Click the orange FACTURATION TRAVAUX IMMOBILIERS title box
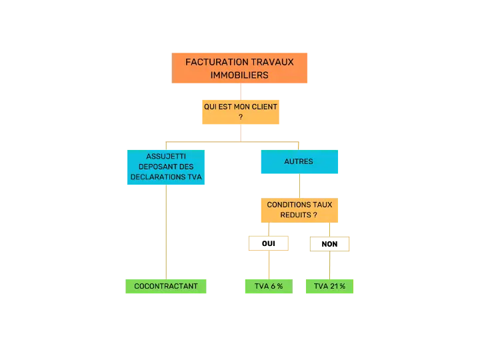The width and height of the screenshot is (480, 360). coord(239,68)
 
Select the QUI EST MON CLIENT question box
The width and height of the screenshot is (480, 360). coord(241,112)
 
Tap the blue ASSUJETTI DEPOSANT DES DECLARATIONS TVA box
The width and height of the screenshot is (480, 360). coord(166,167)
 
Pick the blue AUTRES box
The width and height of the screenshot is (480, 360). coord(299,161)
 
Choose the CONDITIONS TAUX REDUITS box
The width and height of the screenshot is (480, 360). coord(299,210)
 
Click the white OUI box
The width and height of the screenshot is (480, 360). coord(269,243)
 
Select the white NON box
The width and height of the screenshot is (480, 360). coord(330,244)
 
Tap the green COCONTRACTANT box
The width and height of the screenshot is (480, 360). coord(166,286)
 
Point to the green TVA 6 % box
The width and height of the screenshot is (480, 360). coord(269,286)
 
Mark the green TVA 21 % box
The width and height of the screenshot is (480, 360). coord(330,286)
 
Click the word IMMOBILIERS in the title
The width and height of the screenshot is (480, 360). coord(239,75)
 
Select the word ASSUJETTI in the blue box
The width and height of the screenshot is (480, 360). coord(166,157)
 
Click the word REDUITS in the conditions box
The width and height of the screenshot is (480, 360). coord(296,215)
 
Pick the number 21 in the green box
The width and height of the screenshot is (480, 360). coord(334,286)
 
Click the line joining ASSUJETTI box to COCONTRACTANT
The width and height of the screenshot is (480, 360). coord(166,232)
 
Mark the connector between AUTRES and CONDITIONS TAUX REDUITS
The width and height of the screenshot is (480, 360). coord(299,186)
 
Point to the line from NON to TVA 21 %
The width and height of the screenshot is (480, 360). coord(330,265)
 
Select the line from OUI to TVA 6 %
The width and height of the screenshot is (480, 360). coord(269,265)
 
